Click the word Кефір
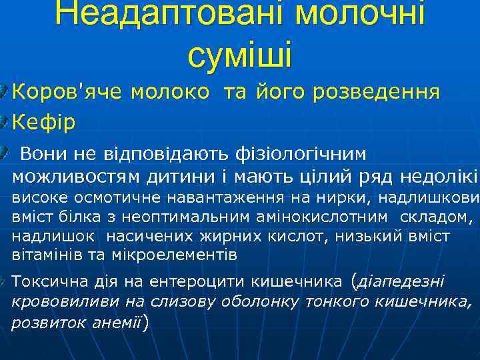pos(44,122)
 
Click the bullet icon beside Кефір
pos(5,121)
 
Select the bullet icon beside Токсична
pos(5,281)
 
